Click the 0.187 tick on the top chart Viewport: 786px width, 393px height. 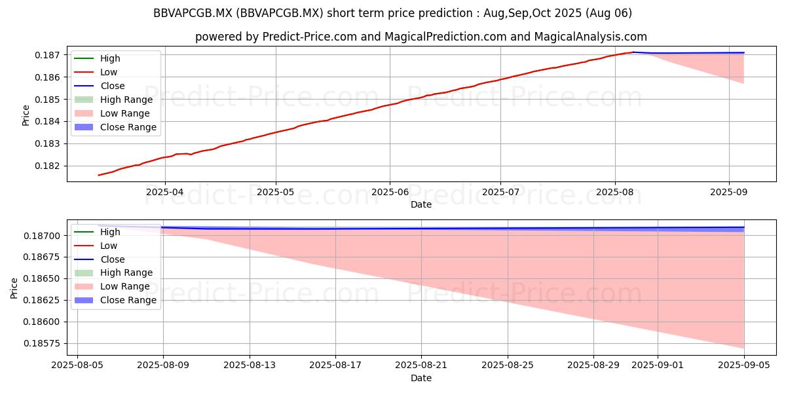47,55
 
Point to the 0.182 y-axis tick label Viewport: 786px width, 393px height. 47,166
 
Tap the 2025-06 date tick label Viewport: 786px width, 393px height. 390,193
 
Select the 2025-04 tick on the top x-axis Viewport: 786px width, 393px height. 165,193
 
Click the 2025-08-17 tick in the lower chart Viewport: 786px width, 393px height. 335,365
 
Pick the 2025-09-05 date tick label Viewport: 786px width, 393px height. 744,365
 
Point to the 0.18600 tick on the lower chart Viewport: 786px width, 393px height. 41,322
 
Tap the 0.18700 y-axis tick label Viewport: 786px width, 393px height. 41,236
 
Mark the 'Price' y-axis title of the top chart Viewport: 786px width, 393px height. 26,115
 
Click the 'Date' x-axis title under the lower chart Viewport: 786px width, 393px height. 421,379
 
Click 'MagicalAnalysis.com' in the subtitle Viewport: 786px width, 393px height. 591,37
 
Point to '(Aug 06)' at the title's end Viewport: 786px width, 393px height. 608,13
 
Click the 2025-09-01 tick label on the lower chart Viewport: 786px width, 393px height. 658,365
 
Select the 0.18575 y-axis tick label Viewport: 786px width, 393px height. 41,343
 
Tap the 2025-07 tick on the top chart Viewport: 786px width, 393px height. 500,193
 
